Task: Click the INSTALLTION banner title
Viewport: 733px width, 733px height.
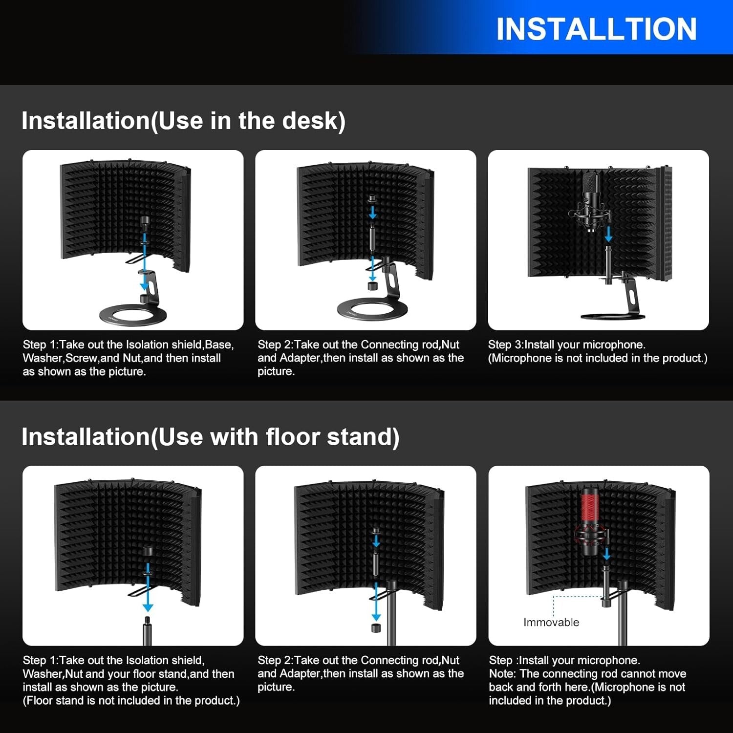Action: [x=596, y=29]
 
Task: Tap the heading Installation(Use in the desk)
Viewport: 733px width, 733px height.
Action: [x=183, y=121]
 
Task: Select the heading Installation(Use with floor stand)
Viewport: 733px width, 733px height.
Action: [x=210, y=436]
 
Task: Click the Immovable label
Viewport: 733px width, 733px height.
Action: [x=551, y=622]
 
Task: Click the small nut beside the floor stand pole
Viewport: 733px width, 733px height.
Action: [x=376, y=627]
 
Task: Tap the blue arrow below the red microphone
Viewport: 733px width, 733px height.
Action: [x=606, y=554]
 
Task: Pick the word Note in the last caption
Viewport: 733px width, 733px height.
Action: [x=501, y=673]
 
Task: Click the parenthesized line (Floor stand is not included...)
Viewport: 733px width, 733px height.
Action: [x=131, y=700]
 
